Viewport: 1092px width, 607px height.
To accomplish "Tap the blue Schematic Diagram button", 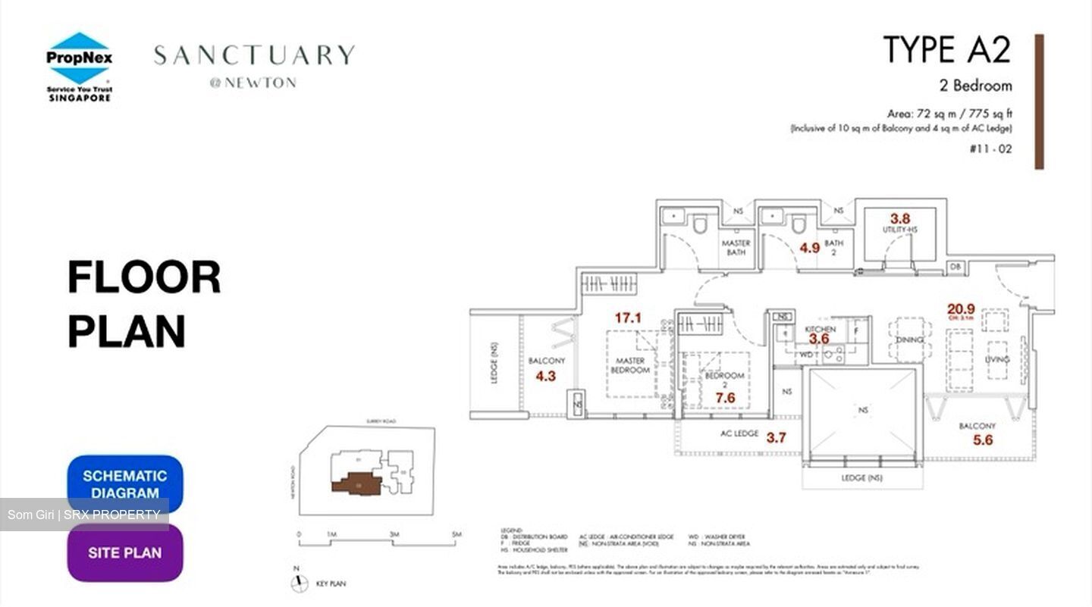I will (125, 483).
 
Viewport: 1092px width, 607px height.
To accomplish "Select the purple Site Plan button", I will (125, 552).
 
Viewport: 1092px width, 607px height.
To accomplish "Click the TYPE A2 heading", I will (947, 50).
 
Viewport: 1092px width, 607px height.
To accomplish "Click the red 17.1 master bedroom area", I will (628, 318).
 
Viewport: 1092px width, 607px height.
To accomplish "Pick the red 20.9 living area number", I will (961, 309).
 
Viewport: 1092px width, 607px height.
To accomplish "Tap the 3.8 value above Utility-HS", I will (900, 219).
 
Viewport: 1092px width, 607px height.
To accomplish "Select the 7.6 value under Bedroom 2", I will (725, 398).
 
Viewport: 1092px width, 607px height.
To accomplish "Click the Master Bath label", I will (736, 248).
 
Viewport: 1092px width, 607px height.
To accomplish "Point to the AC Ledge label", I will (739, 434).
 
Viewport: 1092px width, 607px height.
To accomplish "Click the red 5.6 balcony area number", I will (984, 440).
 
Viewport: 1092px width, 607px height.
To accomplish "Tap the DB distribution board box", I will (955, 268).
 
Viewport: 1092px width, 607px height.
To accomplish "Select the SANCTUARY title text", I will (254, 55).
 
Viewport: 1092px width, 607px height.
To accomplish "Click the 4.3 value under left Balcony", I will (546, 376).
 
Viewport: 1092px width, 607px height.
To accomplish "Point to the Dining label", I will (909, 340).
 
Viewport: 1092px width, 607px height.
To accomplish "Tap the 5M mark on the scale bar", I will (456, 535).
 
